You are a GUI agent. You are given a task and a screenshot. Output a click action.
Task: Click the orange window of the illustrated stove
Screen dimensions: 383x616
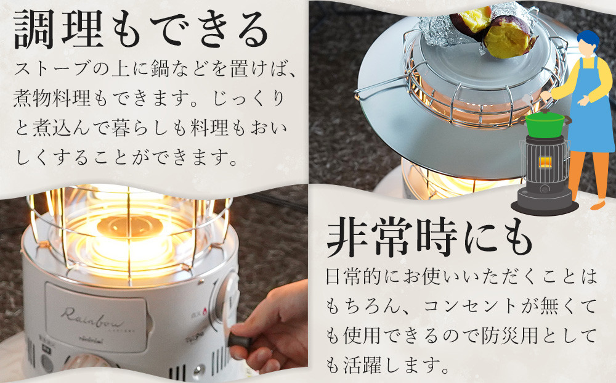click(x=545, y=162)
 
